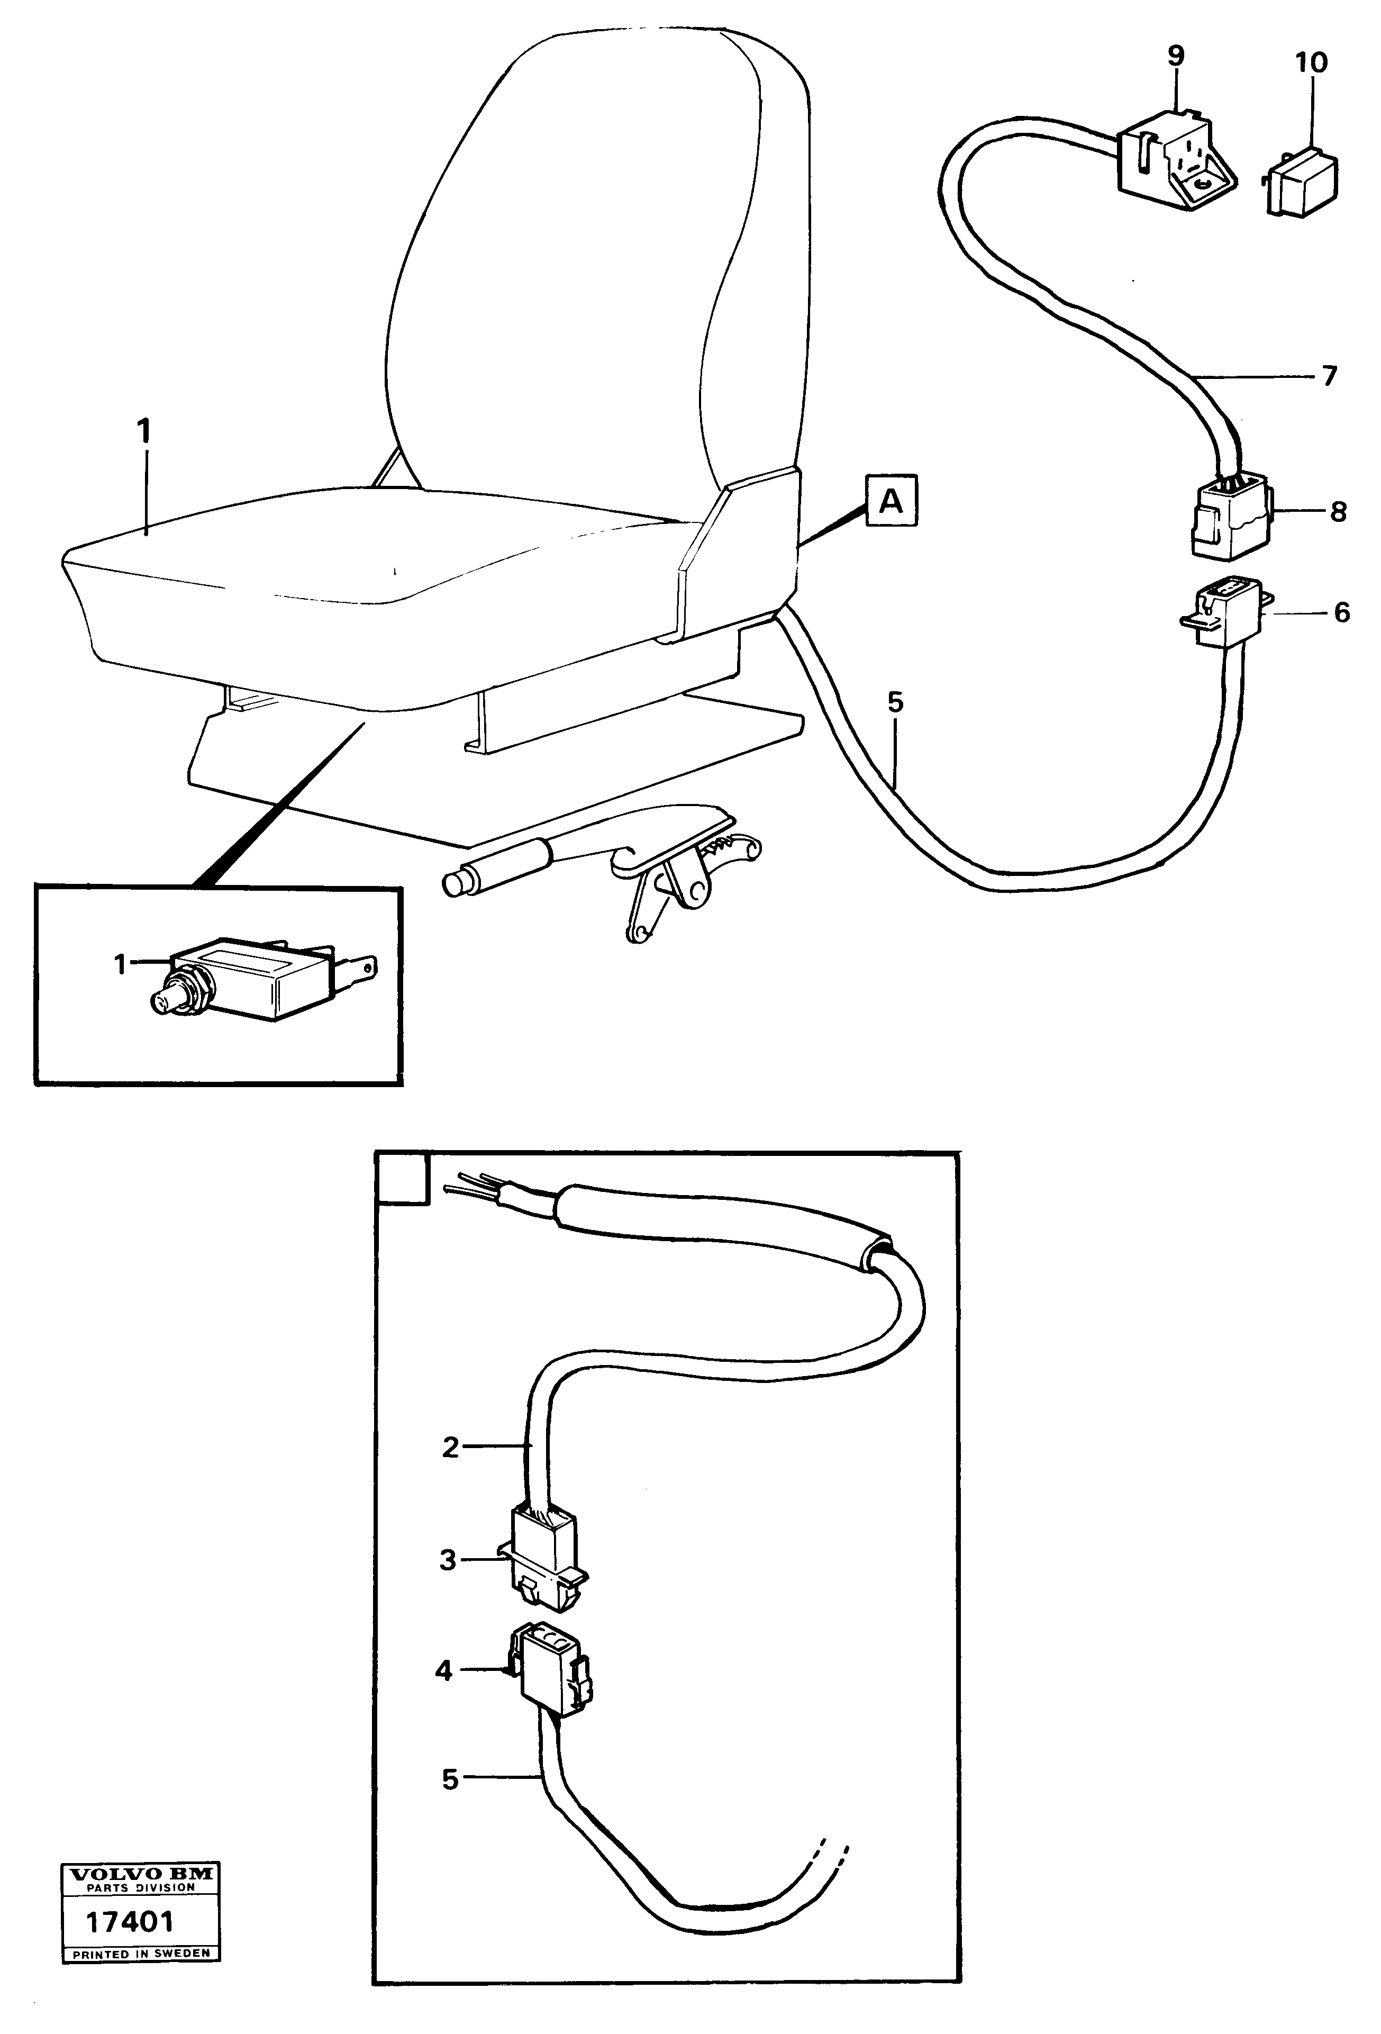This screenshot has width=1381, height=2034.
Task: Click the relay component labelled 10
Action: pos(1301,182)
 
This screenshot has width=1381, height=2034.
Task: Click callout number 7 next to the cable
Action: pos(1329,376)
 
